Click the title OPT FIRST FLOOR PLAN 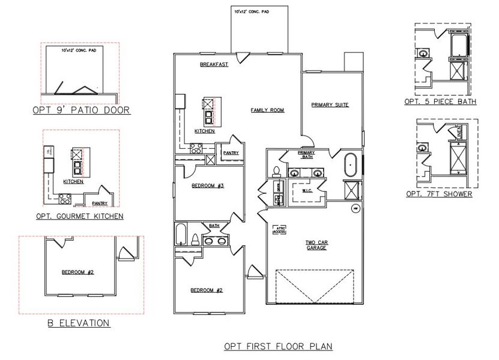coord(278,346)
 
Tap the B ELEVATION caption coord(78,323)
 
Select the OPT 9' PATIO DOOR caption coord(81,110)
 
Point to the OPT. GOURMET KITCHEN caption coord(80,216)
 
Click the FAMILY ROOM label coord(267,110)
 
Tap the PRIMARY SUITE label coord(330,105)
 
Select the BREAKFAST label coord(214,64)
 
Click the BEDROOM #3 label coord(207,186)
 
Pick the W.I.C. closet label coord(306,191)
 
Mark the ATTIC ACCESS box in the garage coord(279,229)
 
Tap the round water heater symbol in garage coord(355,208)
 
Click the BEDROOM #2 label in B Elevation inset coord(78,272)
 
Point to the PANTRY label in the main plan coord(231,153)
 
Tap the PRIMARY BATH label coord(306,155)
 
